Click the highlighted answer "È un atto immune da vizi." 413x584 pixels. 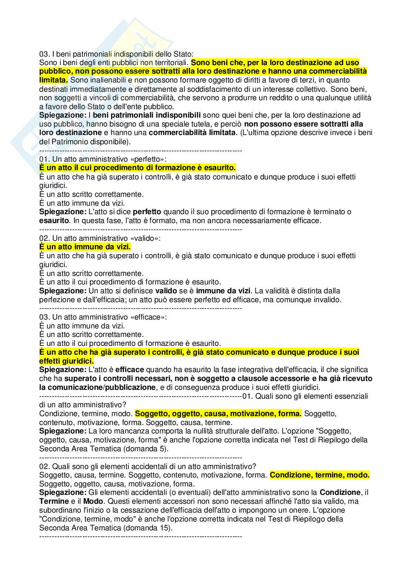coord(85,247)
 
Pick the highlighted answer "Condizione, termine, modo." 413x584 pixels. coord(319,475)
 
